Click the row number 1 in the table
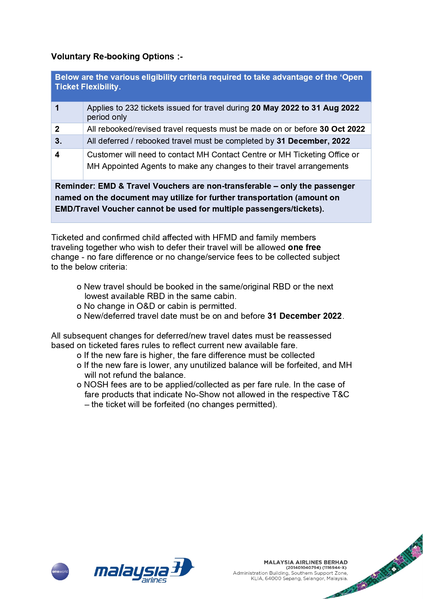57,108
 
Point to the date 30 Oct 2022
342,129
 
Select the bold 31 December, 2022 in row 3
313,141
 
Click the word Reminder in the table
75,186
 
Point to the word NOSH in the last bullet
96,385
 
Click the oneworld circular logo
60,571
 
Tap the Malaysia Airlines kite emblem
182,567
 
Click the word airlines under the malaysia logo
154,580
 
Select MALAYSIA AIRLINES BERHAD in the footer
306,562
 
